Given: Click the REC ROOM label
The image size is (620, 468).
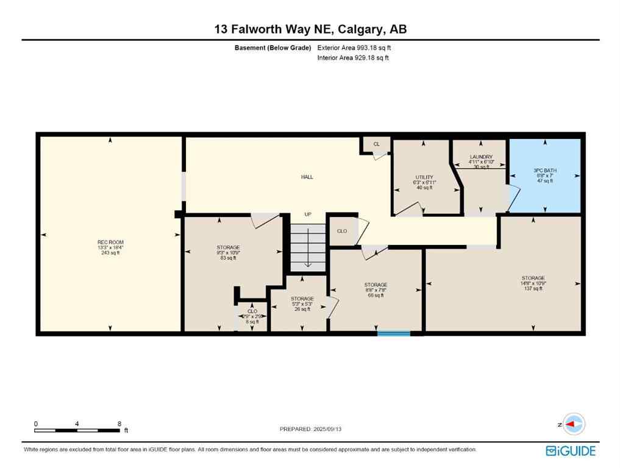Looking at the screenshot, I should click(110, 243).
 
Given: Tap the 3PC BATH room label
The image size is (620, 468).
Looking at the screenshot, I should click(545, 171).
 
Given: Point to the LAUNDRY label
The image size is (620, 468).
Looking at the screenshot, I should click(480, 157).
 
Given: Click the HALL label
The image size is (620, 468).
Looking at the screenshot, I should click(307, 177).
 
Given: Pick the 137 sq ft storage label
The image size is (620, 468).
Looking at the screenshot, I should click(533, 278).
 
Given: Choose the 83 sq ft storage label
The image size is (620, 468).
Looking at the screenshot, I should click(227, 248).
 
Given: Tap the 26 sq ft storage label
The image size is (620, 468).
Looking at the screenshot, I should click(302, 299).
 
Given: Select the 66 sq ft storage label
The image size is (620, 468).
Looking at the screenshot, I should click(376, 285).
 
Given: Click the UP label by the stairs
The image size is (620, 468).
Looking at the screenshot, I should click(308, 214).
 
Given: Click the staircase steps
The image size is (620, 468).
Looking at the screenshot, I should click(308, 247).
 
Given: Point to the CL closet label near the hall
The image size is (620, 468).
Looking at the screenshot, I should click(376, 144).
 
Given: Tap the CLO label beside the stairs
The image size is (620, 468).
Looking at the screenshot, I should click(342, 231).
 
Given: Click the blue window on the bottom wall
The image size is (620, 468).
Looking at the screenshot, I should click(393, 333).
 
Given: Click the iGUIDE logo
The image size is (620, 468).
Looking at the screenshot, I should click(571, 451).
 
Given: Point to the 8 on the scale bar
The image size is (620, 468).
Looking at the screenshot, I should click(119, 424).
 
